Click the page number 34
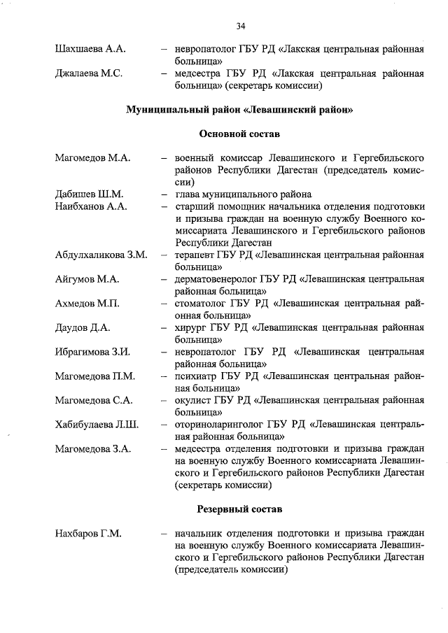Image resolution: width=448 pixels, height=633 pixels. [x=240, y=27]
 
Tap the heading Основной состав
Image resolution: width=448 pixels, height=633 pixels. [x=239, y=134]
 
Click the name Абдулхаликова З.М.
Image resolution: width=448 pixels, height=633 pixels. [x=101, y=255]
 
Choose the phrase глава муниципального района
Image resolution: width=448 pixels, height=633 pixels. [x=243, y=194]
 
